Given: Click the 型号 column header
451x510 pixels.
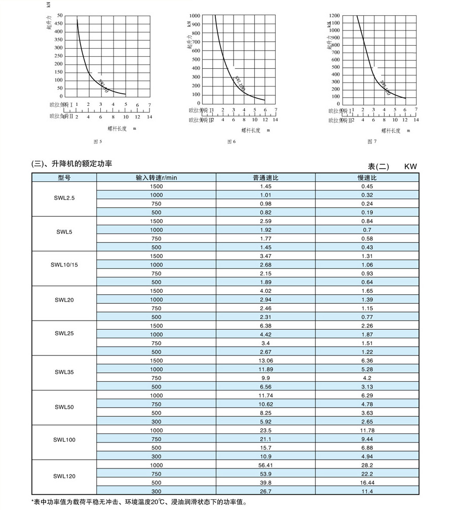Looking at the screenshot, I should click(x=64, y=178).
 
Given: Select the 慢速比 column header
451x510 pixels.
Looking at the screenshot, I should click(x=367, y=178).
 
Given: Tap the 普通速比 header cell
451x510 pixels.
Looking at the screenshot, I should click(x=266, y=178).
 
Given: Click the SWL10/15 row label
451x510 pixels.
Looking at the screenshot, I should click(x=64, y=265).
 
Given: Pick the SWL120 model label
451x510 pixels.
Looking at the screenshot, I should click(x=64, y=476).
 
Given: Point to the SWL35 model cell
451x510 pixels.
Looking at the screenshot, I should click(x=64, y=372).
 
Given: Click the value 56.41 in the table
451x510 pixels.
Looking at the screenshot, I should click(x=266, y=465).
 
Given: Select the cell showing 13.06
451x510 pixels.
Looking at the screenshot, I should click(x=266, y=361).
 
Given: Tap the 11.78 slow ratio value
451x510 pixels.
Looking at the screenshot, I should click(x=367, y=430).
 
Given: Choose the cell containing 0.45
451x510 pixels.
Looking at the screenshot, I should click(x=367, y=186).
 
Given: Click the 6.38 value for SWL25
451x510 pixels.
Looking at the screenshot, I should click(x=266, y=326).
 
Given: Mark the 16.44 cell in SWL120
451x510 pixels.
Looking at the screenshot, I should click(x=367, y=483).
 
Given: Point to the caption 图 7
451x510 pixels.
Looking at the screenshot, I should click(x=372, y=141).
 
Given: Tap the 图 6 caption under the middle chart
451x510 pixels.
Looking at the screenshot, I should click(x=232, y=141).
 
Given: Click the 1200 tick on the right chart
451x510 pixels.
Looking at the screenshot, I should click(x=334, y=16).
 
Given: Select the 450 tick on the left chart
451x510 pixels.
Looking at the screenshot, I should click(x=59, y=23).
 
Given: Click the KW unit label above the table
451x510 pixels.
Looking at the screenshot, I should click(x=411, y=166).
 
